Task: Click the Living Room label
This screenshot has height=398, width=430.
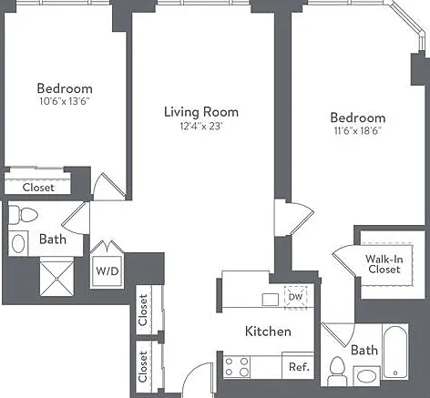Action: click(x=201, y=112)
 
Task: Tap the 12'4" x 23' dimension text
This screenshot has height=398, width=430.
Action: click(x=201, y=126)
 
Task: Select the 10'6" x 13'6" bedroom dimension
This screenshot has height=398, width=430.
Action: click(x=65, y=101)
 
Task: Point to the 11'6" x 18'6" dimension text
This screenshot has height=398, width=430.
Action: click(x=358, y=130)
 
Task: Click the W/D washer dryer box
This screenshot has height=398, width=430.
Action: click(x=107, y=271)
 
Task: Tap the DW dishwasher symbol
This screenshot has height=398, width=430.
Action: click(x=295, y=297)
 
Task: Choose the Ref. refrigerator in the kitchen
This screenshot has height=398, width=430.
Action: click(x=298, y=366)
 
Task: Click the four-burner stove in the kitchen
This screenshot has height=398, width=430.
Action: click(x=237, y=366)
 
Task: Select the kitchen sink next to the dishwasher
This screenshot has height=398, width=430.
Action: click(x=271, y=300)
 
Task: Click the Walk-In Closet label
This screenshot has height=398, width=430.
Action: click(x=384, y=264)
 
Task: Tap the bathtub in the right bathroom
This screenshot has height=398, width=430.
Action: click(x=394, y=352)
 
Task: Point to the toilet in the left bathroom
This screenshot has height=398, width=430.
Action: click(x=23, y=215)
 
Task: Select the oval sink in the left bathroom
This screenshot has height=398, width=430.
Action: click(x=18, y=243)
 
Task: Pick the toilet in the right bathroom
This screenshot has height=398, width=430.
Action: click(x=336, y=372)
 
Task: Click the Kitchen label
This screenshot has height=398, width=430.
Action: click(x=268, y=332)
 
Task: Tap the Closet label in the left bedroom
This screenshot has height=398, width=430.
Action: click(x=38, y=188)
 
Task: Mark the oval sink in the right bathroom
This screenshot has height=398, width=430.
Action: click(x=366, y=376)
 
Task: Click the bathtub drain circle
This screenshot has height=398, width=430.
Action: click(x=395, y=372)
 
